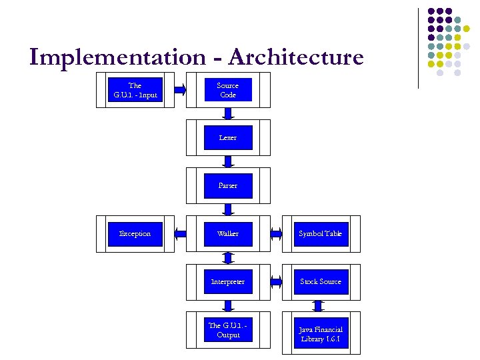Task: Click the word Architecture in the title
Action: pos(295,57)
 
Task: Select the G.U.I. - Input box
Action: pos(135,90)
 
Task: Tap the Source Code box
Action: pos(228,90)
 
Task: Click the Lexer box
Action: pos(228,138)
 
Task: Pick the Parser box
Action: pos(228,186)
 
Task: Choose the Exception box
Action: pos(135,234)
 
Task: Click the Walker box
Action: pos(228,234)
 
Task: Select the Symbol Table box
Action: pos(321,234)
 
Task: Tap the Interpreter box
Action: pos(228,282)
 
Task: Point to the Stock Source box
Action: pos(321,282)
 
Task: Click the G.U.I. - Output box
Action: pos(228,330)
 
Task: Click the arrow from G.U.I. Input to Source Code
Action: pos(181,90)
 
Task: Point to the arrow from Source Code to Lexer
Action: pos(228,114)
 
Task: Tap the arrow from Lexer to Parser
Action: pos(228,162)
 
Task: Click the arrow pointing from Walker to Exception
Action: pos(181,234)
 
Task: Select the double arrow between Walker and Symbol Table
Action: pos(276,234)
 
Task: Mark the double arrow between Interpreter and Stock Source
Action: pos(276,282)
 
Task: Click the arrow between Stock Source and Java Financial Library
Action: pos(319,306)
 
